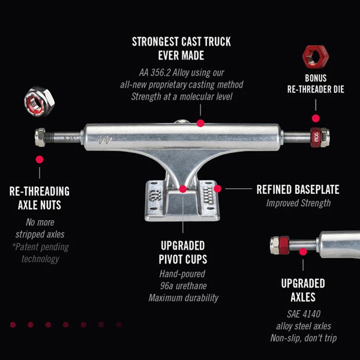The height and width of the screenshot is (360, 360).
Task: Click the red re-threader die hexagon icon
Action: click(x=316, y=57)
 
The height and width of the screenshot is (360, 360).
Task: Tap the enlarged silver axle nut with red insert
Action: click(x=39, y=101)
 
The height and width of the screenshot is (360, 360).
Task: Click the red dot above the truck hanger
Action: click(x=201, y=123)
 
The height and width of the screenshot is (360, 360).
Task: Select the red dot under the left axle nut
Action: click(x=40, y=159)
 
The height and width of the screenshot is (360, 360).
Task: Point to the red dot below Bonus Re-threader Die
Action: click(x=316, y=118)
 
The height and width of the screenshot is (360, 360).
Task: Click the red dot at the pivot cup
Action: click(x=183, y=189)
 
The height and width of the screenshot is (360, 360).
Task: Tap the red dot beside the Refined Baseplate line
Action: click(x=218, y=189)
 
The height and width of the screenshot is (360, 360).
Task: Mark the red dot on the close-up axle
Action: click(x=303, y=251)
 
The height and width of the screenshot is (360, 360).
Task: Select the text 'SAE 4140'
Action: click(x=303, y=314)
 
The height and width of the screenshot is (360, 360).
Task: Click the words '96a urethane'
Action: click(x=183, y=286)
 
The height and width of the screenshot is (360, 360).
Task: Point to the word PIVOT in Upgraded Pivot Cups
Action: click(x=171, y=259)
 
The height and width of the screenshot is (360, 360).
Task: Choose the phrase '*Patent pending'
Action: click(x=41, y=247)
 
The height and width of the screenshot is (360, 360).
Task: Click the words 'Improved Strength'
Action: click(x=298, y=203)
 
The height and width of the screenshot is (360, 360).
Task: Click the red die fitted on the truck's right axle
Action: click(x=315, y=137)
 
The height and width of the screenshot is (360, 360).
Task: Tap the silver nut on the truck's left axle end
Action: click(x=40, y=137)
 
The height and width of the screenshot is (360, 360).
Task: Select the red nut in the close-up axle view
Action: click(x=284, y=245)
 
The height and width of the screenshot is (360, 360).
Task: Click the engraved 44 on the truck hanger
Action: click(x=104, y=139)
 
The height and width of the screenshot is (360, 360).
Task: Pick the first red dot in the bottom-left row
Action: click(x=13, y=325)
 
